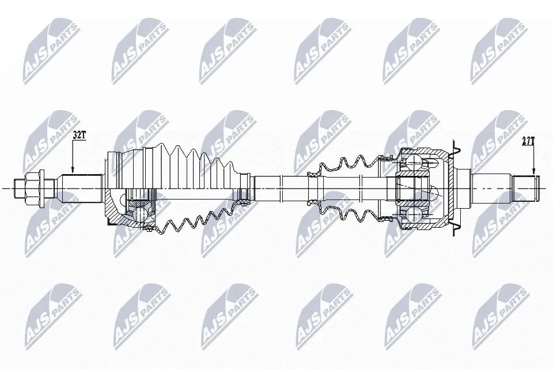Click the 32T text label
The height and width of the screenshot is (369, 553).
[x=79, y=134]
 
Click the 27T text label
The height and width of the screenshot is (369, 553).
[x=528, y=142]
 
